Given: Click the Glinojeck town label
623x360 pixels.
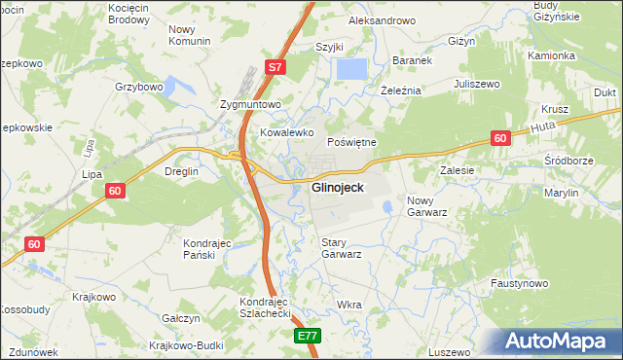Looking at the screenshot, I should (339, 188).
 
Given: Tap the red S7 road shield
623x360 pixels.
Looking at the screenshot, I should (275, 68).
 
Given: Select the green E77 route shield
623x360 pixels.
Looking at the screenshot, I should (308, 336).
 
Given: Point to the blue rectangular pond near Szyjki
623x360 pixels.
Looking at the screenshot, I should (351, 70).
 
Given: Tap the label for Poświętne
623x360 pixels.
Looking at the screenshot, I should (350, 142).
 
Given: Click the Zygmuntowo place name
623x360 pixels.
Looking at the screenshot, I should (250, 104).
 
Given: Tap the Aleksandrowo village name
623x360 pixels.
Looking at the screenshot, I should (383, 20).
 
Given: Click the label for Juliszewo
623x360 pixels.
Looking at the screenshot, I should (476, 85).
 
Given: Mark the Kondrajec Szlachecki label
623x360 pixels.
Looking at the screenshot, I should (266, 308).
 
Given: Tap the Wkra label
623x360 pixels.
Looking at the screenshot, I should (348, 305).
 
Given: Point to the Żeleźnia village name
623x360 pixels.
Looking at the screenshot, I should (400, 90).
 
